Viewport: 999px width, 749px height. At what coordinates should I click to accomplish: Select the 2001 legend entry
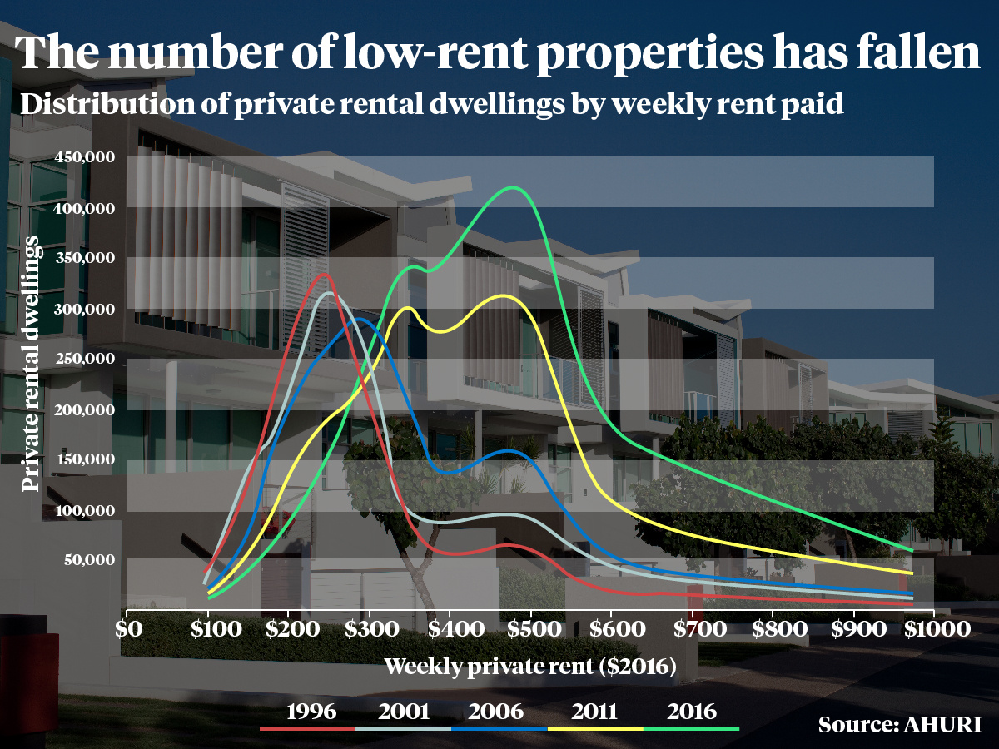[x=404, y=712]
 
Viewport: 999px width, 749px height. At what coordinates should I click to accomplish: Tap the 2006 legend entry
[x=498, y=712]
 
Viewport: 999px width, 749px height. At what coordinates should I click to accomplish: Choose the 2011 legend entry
[x=594, y=712]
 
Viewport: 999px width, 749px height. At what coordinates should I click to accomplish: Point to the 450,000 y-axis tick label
[x=83, y=157]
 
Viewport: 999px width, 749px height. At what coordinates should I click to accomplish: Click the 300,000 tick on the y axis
[x=83, y=309]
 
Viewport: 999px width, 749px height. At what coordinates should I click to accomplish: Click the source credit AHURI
[x=899, y=723]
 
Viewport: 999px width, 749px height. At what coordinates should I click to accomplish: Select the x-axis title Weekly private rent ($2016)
[x=529, y=667]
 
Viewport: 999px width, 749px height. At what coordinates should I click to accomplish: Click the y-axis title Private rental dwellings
[x=32, y=364]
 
